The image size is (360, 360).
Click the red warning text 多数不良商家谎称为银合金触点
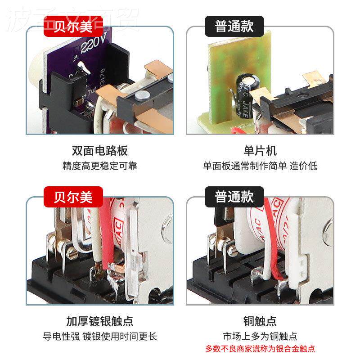tap(260, 348)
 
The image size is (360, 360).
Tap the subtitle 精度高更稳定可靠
tap(100, 166)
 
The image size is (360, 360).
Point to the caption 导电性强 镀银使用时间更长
tap(100, 336)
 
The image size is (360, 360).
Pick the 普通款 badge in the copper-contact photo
tap(234, 197)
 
